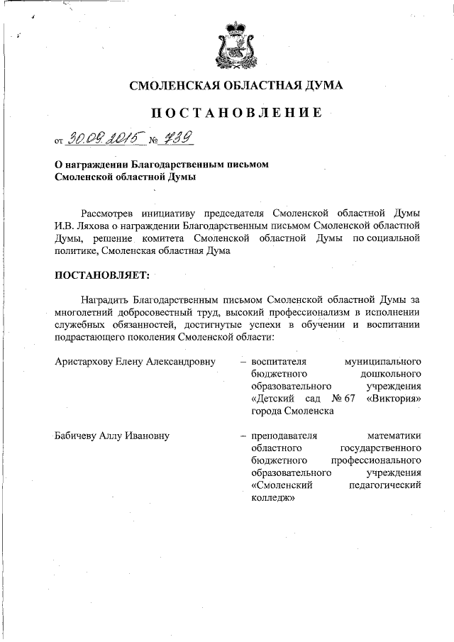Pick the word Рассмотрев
pyautogui.click(x=104, y=213)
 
